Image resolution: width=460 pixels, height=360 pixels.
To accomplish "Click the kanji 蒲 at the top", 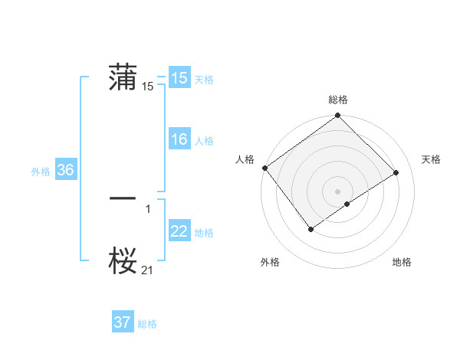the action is click(x=123, y=78).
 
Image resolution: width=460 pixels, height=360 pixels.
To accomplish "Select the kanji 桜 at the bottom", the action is click(x=123, y=260).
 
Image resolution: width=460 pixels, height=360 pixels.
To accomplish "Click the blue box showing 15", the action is click(x=179, y=78).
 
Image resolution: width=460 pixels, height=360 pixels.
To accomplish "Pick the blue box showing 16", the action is click(x=179, y=139).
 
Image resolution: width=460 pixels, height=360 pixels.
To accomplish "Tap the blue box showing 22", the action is click(x=179, y=231).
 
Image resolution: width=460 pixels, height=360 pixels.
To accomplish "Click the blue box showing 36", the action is click(x=65, y=170).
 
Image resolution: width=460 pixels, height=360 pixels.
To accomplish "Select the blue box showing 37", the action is click(x=123, y=322).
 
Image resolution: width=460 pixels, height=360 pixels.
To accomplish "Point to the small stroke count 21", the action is click(x=148, y=270).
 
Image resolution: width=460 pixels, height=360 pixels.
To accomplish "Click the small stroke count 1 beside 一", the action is click(x=148, y=208).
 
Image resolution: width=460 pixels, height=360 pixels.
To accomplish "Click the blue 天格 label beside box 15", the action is click(x=204, y=80).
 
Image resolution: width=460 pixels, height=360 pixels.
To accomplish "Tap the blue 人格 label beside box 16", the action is click(x=204, y=141).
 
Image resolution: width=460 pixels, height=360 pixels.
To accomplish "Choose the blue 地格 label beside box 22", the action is click(x=204, y=233).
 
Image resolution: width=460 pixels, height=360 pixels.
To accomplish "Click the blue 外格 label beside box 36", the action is click(x=41, y=172).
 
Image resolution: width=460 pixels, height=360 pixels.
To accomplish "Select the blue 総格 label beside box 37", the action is click(x=147, y=324).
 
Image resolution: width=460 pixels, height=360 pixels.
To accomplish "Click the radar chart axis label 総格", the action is click(x=338, y=100).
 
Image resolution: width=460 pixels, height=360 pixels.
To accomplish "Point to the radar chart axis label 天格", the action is click(x=431, y=159).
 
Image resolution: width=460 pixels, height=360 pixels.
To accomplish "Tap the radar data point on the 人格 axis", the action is click(x=265, y=168).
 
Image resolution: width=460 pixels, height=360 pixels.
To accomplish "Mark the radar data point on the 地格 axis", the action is click(x=347, y=204).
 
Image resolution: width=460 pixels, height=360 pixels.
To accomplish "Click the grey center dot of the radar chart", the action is click(x=338, y=191).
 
